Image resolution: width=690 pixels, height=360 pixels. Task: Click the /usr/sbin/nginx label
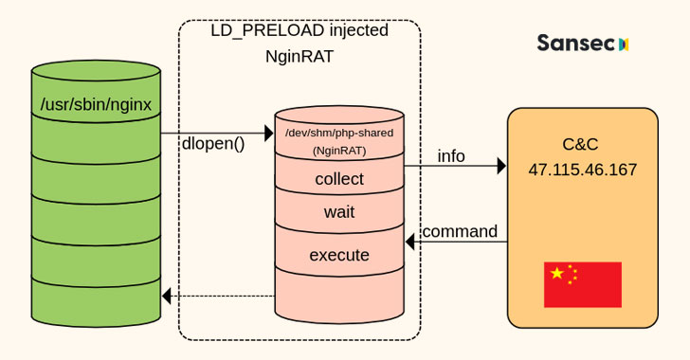point(96,103)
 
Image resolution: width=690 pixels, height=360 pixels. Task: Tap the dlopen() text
point(213,144)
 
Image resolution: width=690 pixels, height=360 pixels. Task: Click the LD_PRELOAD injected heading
point(299,30)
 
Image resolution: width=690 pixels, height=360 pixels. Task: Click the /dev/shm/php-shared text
point(339,132)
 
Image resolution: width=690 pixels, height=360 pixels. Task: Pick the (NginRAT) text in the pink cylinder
point(339,150)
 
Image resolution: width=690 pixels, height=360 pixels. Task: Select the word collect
point(339,179)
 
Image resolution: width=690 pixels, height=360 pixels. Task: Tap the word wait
point(339,212)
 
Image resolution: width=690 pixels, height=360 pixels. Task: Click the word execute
point(339,255)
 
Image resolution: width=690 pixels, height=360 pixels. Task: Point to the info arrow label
point(451,156)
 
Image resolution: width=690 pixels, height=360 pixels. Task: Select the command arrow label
point(460,231)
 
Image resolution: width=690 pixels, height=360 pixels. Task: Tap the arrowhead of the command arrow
point(410,243)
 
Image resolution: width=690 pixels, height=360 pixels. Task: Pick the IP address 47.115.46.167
point(582,171)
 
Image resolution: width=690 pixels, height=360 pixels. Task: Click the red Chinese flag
point(582,284)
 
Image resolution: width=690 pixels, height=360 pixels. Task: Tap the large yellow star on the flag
point(557,274)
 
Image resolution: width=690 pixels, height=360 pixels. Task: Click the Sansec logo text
point(576,44)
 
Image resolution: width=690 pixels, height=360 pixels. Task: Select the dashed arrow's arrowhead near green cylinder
point(166,296)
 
